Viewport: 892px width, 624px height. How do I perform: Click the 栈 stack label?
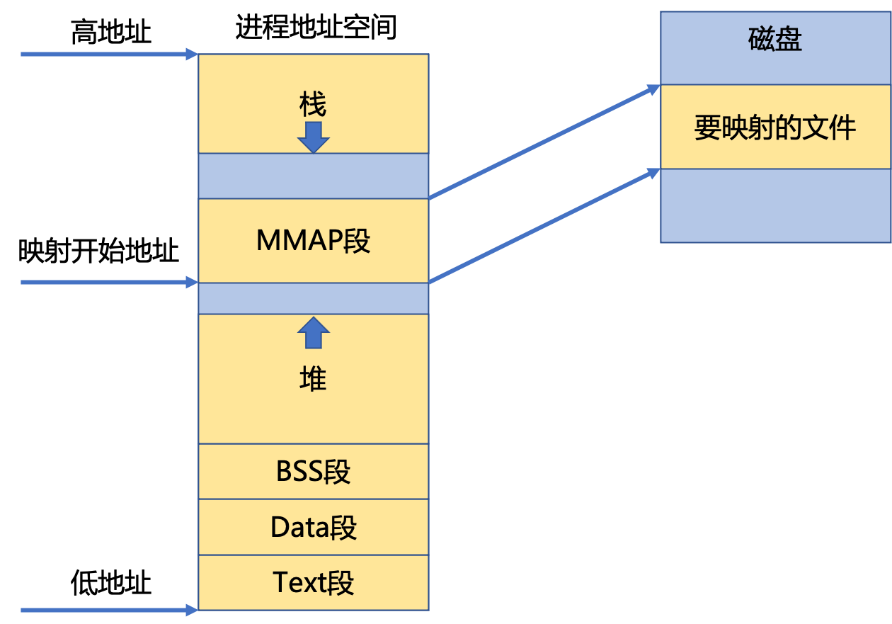[313, 106]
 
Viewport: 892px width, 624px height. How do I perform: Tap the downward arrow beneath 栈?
[313, 137]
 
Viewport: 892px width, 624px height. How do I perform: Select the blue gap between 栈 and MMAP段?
[313, 176]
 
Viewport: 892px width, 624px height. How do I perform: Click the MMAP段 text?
[313, 241]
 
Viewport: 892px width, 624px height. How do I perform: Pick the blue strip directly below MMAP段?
[313, 298]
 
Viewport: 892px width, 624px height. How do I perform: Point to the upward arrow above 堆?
[313, 332]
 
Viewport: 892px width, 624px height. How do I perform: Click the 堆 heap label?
[313, 380]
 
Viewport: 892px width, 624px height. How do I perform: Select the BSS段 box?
[313, 472]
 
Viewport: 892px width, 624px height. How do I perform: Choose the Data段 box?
[313, 527]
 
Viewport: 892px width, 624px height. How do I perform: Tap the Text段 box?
[313, 582]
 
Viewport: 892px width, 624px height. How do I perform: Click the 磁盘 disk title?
[775, 40]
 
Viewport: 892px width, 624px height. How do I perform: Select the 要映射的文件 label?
[775, 128]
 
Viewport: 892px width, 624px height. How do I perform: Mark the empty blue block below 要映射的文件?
[775, 205]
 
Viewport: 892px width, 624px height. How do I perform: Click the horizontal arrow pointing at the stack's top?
[106, 54]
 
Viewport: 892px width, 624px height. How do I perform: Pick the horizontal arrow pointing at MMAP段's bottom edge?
[106, 283]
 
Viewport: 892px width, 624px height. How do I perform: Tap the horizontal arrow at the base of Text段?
[106, 610]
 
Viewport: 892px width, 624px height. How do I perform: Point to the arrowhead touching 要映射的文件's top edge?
[653, 89]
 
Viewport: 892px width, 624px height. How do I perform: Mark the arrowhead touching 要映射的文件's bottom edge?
[653, 172]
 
